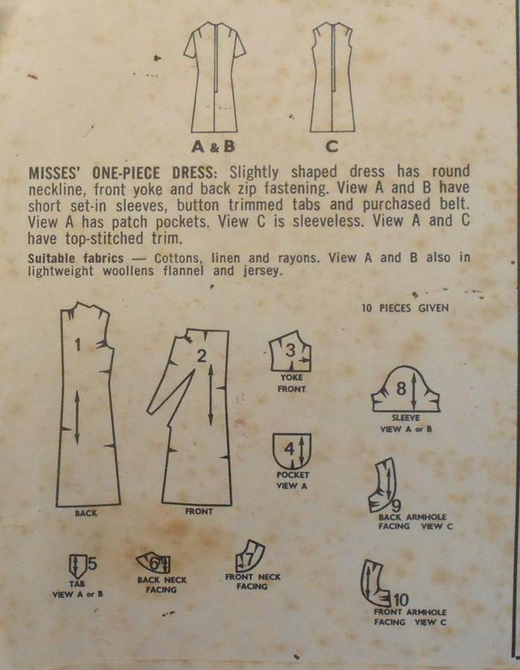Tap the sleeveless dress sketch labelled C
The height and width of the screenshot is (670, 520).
coord(333,78)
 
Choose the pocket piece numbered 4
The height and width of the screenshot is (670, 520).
coord(292,451)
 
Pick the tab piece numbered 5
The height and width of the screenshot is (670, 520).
coord(77,564)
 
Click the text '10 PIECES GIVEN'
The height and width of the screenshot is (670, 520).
coord(405,307)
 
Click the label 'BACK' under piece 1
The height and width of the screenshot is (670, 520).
coord(86,514)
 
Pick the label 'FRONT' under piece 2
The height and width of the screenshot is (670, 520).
coord(199,511)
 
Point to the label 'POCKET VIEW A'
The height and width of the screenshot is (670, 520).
coord(292,480)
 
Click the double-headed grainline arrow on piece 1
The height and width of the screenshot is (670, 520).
coord(77,417)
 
